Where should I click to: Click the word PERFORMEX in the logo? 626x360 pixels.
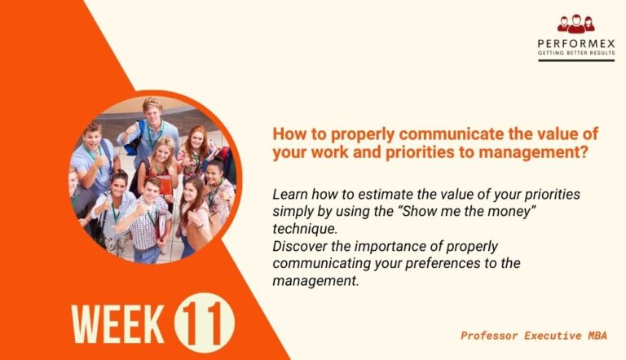click(x=575, y=43)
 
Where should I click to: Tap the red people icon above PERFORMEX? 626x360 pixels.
click(x=575, y=24)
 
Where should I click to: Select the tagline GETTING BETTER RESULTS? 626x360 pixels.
click(x=575, y=54)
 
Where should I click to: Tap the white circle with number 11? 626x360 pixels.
click(x=204, y=320)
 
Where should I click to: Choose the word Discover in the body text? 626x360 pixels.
click(x=297, y=246)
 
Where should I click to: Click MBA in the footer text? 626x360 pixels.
click(x=602, y=335)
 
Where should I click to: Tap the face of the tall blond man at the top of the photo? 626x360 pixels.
click(x=152, y=112)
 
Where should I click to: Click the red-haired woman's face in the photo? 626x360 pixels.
click(x=197, y=139)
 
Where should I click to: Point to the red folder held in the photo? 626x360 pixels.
click(x=165, y=188)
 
